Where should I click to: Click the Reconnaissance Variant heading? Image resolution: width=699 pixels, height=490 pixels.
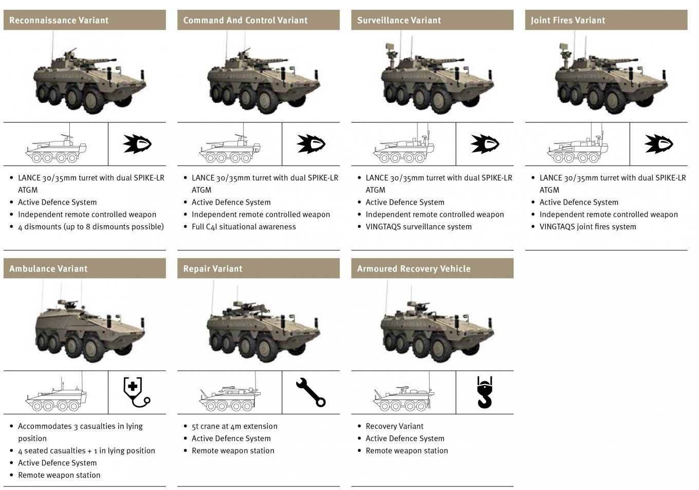[x=59, y=21]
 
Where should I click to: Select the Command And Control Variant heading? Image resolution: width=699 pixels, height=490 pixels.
[x=245, y=21]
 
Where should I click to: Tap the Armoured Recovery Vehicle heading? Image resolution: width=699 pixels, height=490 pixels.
[x=413, y=269]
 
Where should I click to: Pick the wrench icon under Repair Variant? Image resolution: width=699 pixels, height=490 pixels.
[x=310, y=392]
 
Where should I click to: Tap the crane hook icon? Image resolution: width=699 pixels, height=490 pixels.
[x=485, y=392]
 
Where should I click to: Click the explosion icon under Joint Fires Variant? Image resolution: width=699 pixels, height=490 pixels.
[x=658, y=144]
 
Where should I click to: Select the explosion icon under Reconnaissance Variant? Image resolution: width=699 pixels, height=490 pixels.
[x=137, y=144]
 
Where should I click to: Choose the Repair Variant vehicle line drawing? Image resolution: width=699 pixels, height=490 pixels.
[x=230, y=398]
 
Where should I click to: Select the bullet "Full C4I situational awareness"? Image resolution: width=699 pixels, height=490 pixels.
[x=244, y=227]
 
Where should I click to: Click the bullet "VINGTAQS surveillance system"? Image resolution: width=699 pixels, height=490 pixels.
[x=418, y=227]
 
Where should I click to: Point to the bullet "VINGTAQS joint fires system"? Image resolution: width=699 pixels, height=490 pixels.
[x=587, y=227]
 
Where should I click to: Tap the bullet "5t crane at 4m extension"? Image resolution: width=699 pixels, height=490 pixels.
[x=234, y=426]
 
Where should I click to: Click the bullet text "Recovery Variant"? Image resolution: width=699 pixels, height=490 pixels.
[x=394, y=426]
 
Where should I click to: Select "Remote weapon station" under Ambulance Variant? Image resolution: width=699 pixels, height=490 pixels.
[x=59, y=476]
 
